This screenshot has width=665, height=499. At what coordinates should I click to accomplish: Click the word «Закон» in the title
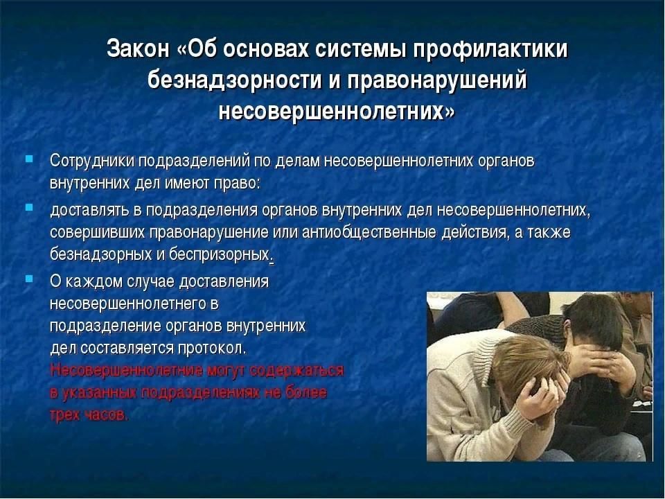(x=138, y=49)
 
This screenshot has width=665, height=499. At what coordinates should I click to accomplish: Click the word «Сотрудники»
(x=92, y=161)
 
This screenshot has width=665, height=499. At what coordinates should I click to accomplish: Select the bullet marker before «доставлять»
(x=29, y=207)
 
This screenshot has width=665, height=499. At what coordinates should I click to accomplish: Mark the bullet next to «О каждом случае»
(x=29, y=279)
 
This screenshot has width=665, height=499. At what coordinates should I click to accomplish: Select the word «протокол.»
(x=212, y=349)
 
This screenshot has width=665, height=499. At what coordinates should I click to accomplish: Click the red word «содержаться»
(x=296, y=370)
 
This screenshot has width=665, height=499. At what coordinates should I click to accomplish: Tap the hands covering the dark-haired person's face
(x=602, y=365)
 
